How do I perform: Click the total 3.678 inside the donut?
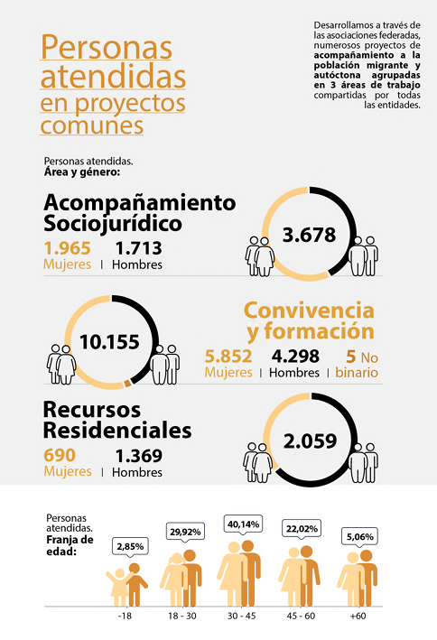pos(309,235)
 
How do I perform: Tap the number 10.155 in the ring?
pos(109,341)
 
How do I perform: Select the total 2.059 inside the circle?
pos(310,441)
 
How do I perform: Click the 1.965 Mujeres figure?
pos(68,248)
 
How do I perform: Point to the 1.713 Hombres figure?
pos(139,248)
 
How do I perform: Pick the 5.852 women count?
pos(228,357)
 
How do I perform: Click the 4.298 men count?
pos(295,357)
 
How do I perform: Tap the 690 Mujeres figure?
pos(60,455)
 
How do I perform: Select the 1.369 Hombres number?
pos(139,456)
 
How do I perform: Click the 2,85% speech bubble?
pos(130,546)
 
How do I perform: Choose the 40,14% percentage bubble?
pos(243,524)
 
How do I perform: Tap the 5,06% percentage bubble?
pos(360,537)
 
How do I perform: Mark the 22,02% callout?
pos(302,529)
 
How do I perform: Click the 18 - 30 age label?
pos(182,616)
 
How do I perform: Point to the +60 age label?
pos(358,616)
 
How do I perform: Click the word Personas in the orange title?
pos(107,47)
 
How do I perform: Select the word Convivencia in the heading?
pos(309,311)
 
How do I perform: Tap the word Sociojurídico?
pos(113,224)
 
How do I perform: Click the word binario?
pos(357,373)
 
